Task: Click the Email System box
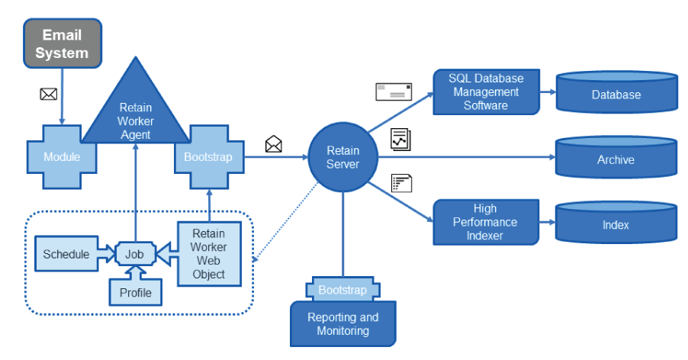[x=62, y=44]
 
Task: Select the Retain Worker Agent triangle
[x=134, y=114]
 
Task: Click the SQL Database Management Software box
[x=485, y=92]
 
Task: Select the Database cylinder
[x=616, y=95]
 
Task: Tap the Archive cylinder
[x=616, y=159]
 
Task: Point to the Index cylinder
[x=616, y=224]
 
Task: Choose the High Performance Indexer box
[x=485, y=222]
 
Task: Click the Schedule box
[x=66, y=254]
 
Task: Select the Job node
[x=135, y=254]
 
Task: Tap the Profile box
[x=136, y=292]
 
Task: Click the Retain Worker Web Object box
[x=208, y=253]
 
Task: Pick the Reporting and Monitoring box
[x=342, y=324]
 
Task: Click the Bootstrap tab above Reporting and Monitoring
[x=342, y=290]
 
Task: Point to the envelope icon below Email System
[x=49, y=94]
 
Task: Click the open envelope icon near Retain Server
[x=273, y=143]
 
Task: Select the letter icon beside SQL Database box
[x=394, y=92]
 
